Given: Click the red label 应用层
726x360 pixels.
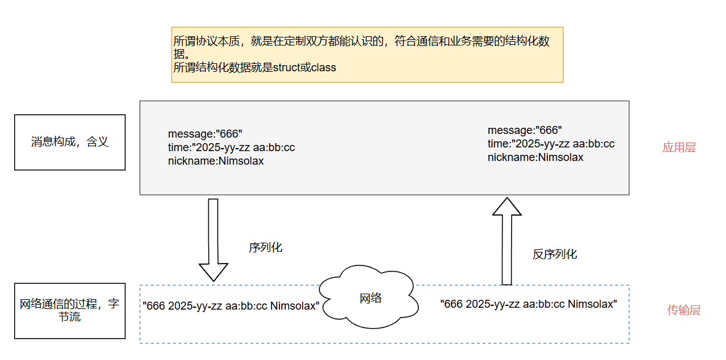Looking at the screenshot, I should (679, 148).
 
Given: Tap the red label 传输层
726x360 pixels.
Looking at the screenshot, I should (684, 311).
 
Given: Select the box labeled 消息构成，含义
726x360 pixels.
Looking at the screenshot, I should (69, 143).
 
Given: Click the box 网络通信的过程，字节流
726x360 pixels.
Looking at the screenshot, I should (69, 311).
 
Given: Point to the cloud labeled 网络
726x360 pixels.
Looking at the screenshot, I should (370, 299).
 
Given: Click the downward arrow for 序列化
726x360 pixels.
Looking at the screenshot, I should (213, 239).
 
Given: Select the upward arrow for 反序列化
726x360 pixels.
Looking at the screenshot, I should (507, 240).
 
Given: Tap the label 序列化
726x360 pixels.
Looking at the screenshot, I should (265, 248).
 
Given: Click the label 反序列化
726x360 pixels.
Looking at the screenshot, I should (555, 254).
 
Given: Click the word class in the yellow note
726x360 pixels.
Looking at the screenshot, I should (324, 68).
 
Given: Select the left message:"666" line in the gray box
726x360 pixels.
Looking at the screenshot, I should (205, 134).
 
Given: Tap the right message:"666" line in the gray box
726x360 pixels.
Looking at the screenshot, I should (525, 130).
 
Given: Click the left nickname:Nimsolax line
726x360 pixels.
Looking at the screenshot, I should (216, 161).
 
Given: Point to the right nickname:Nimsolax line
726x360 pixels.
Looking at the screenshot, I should (536, 157).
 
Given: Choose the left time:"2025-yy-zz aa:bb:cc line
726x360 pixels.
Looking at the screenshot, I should (231, 147).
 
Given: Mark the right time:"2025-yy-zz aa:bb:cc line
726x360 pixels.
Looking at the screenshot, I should (551, 144).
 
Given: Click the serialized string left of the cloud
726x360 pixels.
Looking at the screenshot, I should (231, 305).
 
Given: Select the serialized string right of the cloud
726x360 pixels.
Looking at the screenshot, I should (529, 304).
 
